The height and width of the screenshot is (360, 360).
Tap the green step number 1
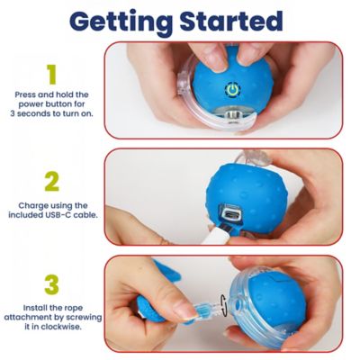click(x=51, y=74)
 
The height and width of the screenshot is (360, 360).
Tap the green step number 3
click(x=51, y=284)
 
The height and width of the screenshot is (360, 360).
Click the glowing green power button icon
click(x=231, y=91)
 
